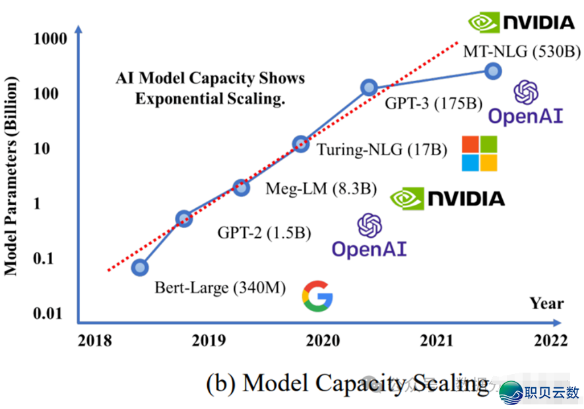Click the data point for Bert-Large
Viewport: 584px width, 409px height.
(139, 267)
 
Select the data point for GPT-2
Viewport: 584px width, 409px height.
(184, 218)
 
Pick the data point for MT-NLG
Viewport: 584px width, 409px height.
(492, 71)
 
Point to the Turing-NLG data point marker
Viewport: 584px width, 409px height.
(300, 143)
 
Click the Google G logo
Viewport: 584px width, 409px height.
(317, 295)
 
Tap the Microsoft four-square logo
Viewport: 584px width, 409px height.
(479, 154)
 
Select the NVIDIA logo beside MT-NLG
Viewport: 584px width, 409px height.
(521, 22)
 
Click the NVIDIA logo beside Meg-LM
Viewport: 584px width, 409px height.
(447, 198)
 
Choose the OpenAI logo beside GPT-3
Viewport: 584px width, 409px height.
(525, 103)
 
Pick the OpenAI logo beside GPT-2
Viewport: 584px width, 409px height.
(369, 236)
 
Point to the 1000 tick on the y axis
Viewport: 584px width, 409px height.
(50, 39)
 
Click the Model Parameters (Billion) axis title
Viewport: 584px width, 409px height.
(11, 175)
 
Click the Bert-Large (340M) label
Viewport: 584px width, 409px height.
(220, 287)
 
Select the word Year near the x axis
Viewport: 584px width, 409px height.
(546, 303)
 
